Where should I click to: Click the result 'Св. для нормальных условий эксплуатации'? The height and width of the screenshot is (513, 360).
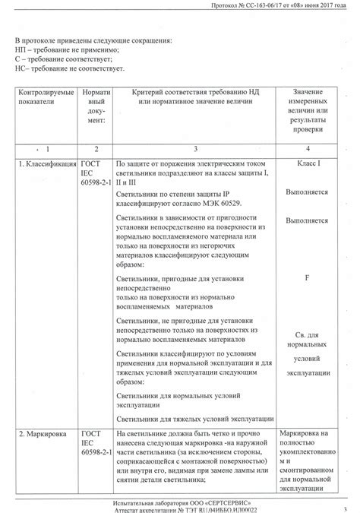tap(308, 354)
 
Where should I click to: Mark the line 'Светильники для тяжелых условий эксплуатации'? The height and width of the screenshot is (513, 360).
tap(194, 419)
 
